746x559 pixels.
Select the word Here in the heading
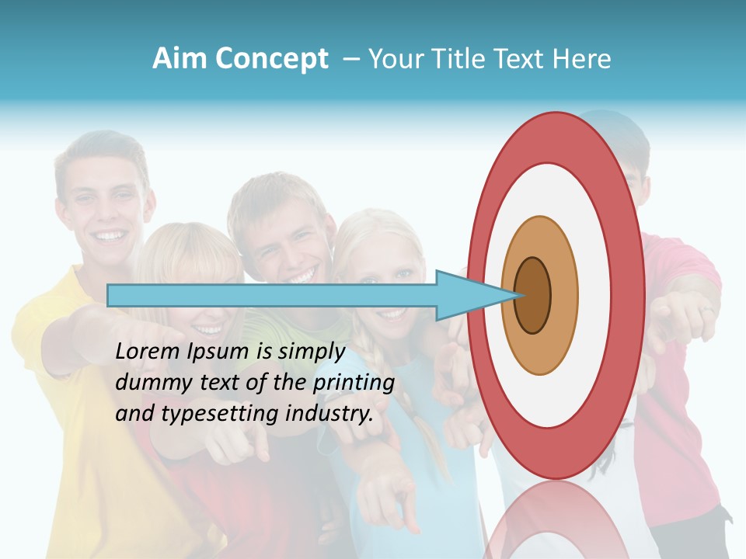pyautogui.click(x=583, y=58)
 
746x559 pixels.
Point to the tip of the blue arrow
pyautogui.click(x=515, y=296)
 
